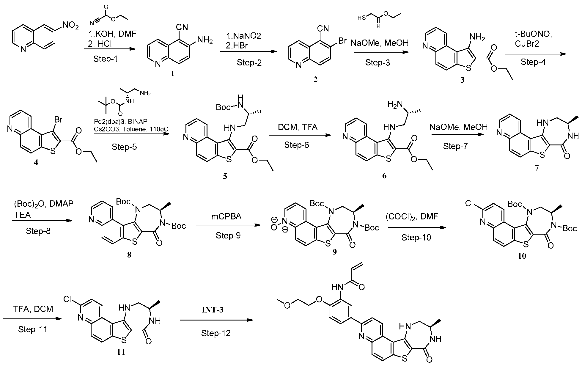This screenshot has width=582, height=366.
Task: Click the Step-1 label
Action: (x=106, y=59)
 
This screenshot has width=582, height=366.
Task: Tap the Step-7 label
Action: (x=455, y=146)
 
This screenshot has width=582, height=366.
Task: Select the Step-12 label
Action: (x=216, y=333)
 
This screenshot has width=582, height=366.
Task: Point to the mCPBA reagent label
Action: (x=226, y=216)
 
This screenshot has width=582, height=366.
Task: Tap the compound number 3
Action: (x=462, y=80)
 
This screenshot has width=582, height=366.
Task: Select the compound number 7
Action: (x=537, y=168)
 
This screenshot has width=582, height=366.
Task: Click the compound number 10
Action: (x=522, y=256)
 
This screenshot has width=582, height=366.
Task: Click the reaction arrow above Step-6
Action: (x=300, y=135)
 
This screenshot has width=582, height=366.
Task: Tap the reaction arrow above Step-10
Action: (x=416, y=228)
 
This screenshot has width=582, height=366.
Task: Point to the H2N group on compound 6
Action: (x=395, y=104)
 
